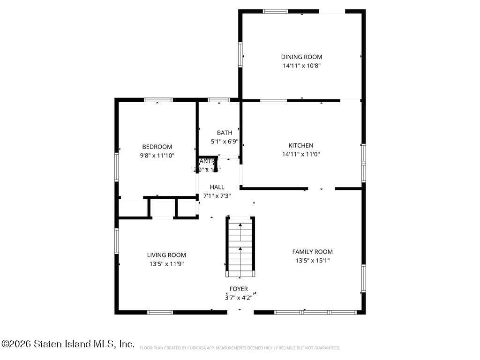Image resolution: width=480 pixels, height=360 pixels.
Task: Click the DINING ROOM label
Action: pos(301,57)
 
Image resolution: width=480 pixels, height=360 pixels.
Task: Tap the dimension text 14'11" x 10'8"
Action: pos(301,66)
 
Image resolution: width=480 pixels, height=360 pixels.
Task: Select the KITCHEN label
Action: pos(300,145)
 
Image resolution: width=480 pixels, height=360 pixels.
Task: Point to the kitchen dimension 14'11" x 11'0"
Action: pos(300,154)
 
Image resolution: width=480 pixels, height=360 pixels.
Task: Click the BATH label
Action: pos(224,133)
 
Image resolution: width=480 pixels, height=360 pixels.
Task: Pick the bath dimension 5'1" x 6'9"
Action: pos(224,141)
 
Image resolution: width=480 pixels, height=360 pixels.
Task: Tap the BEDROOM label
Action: pos(157,147)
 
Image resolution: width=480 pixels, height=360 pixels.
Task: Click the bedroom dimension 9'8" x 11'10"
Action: pos(157,156)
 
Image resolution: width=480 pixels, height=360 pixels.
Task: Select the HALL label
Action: pos(217,187)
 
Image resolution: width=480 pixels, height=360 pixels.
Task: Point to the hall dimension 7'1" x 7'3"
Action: pos(217,196)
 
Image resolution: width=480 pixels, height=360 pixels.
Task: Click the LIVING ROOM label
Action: pos(166,255)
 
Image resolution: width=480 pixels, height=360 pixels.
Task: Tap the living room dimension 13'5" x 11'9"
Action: pos(166,264)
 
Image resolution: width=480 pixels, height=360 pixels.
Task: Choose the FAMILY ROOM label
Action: pos(312,252)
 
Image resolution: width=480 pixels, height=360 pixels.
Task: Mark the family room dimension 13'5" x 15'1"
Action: pos(312,261)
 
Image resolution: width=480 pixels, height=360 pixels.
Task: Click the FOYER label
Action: pos(239,289)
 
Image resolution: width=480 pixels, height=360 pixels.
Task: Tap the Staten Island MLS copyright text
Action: pos(68,344)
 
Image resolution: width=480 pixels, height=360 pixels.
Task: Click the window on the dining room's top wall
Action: pos(275,11)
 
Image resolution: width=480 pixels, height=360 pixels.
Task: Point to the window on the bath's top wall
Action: pos(218,100)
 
